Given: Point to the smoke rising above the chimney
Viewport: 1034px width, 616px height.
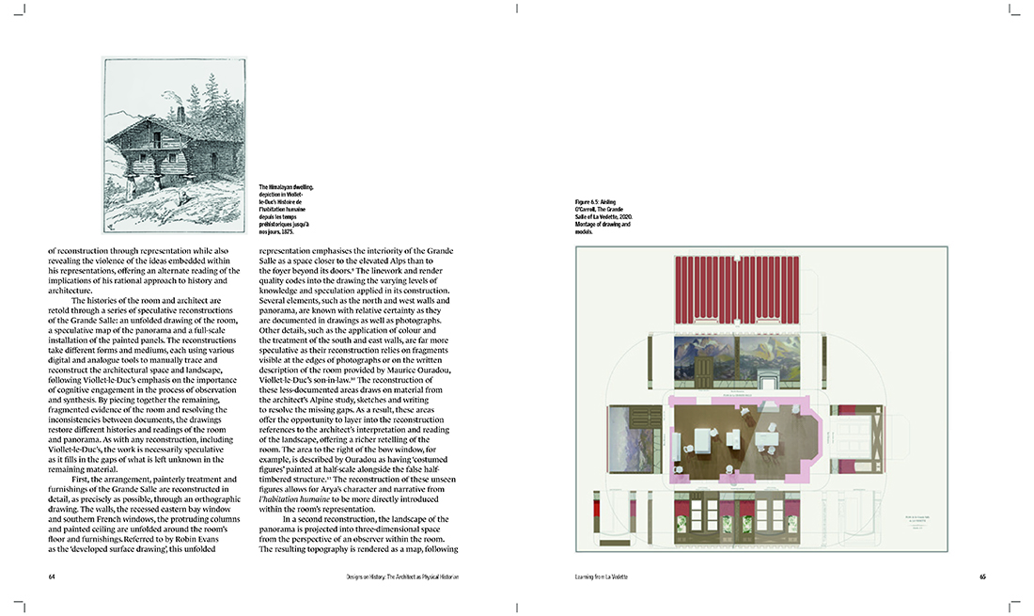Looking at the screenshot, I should pos(172,95).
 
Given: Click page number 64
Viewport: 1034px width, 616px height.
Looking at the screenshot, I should pos(53,576).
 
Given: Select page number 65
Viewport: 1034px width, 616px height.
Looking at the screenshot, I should pos(980,576).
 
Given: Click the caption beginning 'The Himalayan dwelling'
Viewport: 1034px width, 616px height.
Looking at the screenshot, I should pos(287,208).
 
